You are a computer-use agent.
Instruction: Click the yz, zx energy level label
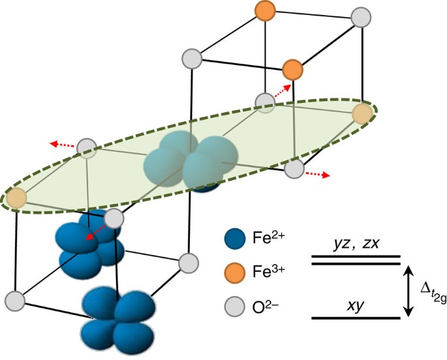tap(355, 243)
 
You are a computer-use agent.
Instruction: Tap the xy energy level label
tap(355, 305)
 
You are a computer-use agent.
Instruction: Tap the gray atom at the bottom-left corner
tap(15, 301)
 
